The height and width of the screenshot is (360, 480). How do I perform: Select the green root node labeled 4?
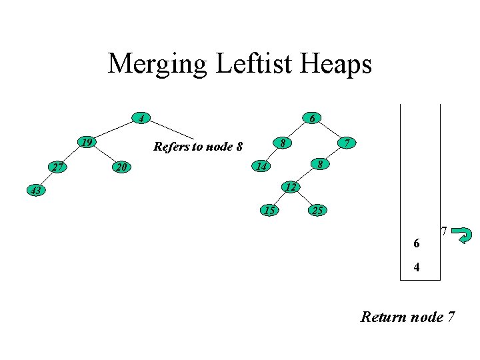point(140,119)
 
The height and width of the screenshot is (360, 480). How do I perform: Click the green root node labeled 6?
point(312,119)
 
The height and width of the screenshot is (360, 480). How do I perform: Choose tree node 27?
point(58,167)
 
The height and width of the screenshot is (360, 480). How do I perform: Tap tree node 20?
point(119,167)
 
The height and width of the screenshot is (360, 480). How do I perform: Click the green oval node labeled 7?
point(345,143)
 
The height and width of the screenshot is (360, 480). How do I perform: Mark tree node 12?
point(289,187)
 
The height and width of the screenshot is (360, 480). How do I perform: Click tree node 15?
point(269,211)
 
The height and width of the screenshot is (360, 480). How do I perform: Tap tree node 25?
point(317,211)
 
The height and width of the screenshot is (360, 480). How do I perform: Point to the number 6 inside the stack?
point(417,244)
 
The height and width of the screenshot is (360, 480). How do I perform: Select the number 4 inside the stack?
point(417,269)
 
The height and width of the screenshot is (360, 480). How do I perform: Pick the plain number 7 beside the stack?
point(443,231)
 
